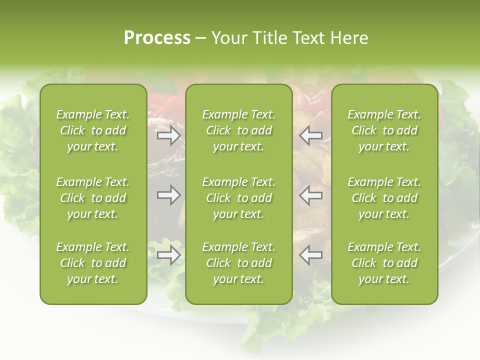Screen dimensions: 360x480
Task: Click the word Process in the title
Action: tap(157, 38)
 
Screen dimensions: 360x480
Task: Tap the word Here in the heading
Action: tap(349, 38)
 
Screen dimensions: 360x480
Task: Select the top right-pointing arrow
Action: tap(168, 135)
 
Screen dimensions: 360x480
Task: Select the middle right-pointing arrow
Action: tap(168, 195)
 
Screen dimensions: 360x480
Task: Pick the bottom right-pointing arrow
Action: tap(168, 255)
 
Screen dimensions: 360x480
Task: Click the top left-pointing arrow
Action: tap(311, 135)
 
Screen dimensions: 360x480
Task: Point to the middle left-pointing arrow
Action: tap(311, 195)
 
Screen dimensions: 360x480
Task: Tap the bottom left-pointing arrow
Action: tap(311, 255)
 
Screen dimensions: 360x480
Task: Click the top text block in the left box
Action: tap(93, 130)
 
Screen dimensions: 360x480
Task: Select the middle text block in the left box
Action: tap(93, 198)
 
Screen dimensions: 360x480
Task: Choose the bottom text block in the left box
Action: tap(93, 263)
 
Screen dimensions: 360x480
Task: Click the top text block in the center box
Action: tap(238, 130)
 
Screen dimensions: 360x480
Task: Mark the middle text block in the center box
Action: tap(238, 198)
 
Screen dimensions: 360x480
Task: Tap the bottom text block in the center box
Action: tap(238, 263)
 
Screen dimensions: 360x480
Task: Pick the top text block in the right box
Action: tap(384, 130)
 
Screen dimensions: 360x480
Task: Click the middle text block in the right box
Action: tap(384, 198)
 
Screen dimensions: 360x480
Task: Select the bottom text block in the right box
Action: tap(384, 263)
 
